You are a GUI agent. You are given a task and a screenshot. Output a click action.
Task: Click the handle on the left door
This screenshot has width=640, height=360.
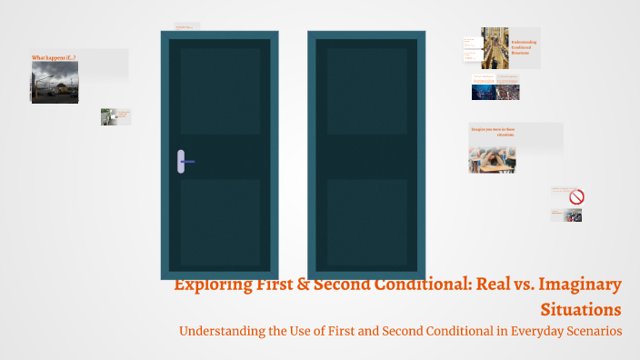click(x=182, y=162)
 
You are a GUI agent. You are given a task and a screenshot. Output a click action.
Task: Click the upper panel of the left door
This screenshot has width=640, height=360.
click(x=219, y=91)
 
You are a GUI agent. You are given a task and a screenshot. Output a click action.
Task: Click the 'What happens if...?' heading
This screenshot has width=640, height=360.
click(x=54, y=57)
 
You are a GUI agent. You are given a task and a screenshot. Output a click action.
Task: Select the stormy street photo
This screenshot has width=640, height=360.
click(x=55, y=82)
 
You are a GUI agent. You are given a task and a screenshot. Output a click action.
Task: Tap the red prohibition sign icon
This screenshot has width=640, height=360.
click(x=576, y=196)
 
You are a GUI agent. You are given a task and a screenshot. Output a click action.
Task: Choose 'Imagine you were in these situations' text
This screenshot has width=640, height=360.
click(x=495, y=132)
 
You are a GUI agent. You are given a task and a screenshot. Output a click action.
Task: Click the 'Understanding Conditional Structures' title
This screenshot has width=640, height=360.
click(x=525, y=47)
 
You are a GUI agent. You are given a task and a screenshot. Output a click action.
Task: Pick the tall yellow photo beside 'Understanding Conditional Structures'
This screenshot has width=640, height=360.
click(x=495, y=47)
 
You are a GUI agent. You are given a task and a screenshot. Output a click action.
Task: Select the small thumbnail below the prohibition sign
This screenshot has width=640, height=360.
click(x=572, y=215)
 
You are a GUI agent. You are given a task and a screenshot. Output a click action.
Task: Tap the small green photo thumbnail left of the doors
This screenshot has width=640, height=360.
click(x=109, y=116)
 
